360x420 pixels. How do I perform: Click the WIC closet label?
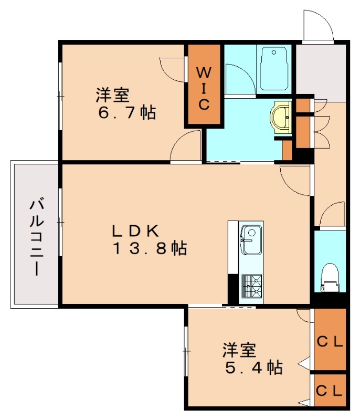(204, 87)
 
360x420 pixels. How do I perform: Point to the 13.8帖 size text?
(150, 248)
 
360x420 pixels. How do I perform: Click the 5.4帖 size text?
(254, 367)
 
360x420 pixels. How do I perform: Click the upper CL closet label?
(330, 342)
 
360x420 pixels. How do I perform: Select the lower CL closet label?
(330, 391)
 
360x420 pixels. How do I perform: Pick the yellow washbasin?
(282, 115)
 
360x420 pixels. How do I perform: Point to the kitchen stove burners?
(251, 287)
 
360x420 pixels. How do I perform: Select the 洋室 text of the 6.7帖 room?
(112, 96)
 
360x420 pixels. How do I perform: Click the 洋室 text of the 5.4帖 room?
(240, 349)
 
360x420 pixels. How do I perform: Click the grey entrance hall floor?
(320, 71)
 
